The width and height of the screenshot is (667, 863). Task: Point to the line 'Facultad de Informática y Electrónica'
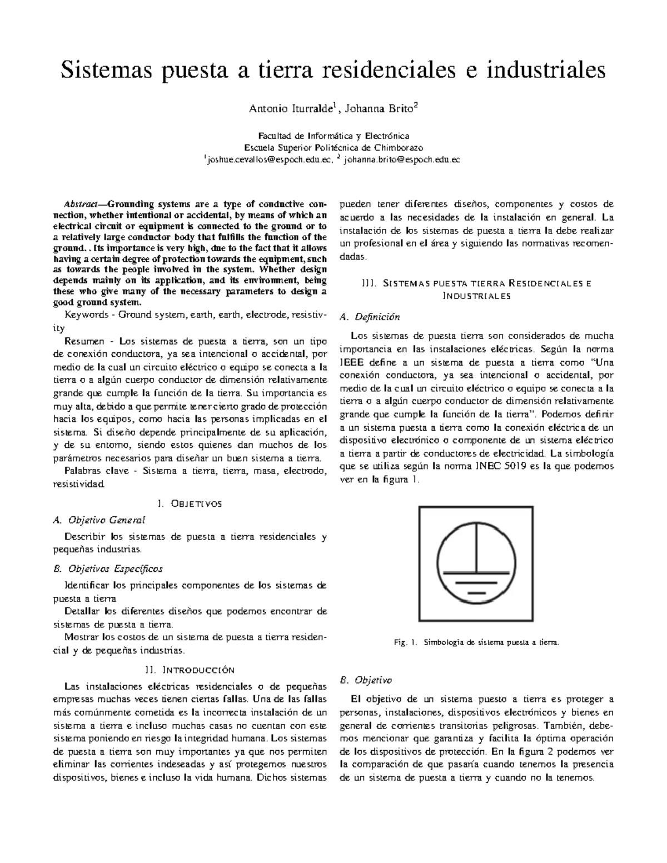[x=333, y=136]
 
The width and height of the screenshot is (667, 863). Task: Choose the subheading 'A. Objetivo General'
[x=98, y=520]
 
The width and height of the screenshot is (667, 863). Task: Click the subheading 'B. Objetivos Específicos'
[x=108, y=568]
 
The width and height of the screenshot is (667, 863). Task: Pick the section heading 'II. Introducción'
[x=190, y=670]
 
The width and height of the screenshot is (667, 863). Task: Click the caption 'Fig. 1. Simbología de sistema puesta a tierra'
[x=475, y=642]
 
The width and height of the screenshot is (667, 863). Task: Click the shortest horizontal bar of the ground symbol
[x=476, y=593]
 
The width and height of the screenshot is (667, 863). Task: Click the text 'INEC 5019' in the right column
[x=504, y=466]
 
